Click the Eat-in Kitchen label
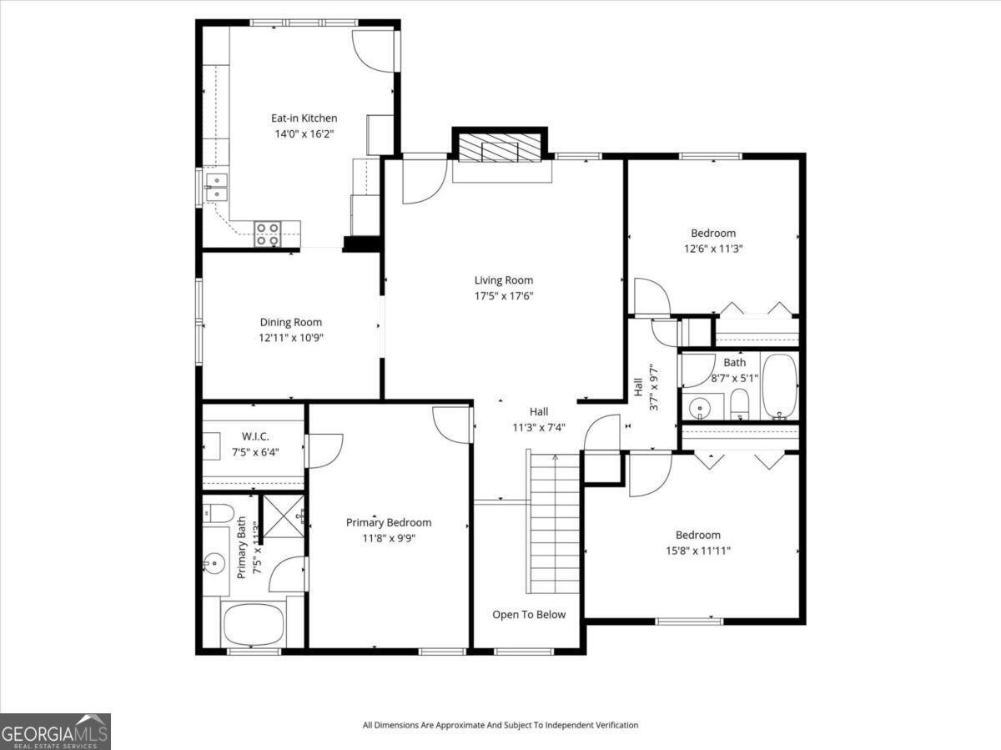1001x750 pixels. coord(304,118)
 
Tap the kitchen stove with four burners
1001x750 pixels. coord(268,234)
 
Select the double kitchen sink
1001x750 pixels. coord(216,188)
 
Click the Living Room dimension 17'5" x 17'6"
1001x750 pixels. coord(504,296)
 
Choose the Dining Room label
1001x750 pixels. coord(291,322)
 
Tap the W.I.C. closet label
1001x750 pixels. coord(255,436)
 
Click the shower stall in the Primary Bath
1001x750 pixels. coord(284,516)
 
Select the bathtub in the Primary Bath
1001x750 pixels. coord(252,624)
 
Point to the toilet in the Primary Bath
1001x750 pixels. coord(218,513)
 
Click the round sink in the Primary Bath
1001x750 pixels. coord(214,562)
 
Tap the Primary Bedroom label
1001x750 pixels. coord(389,522)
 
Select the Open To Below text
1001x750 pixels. coord(529,615)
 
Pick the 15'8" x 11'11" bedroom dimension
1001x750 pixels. coord(697,551)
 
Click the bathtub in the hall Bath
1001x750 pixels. coord(780,386)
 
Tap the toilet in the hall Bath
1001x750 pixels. coord(739,404)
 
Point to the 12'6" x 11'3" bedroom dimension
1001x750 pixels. coord(713,249)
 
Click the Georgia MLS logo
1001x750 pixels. coord(55,732)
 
